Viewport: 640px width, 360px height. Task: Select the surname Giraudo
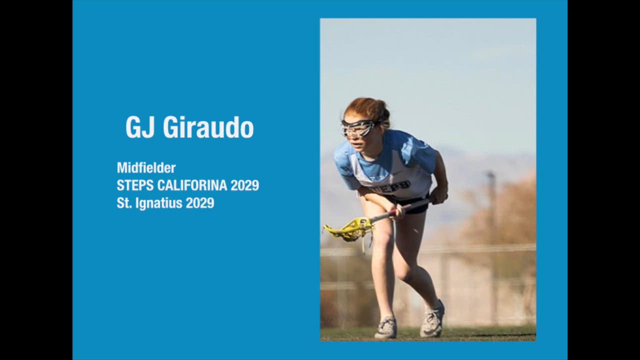click(208, 127)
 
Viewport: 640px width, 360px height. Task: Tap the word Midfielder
click(146, 167)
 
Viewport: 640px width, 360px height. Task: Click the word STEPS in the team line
click(135, 185)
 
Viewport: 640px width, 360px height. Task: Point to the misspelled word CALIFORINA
click(192, 185)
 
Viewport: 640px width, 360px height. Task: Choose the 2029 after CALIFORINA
click(245, 185)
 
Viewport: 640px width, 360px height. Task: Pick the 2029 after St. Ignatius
click(200, 203)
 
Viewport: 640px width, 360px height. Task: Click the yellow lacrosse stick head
click(348, 229)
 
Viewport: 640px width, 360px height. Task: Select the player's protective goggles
click(359, 128)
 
